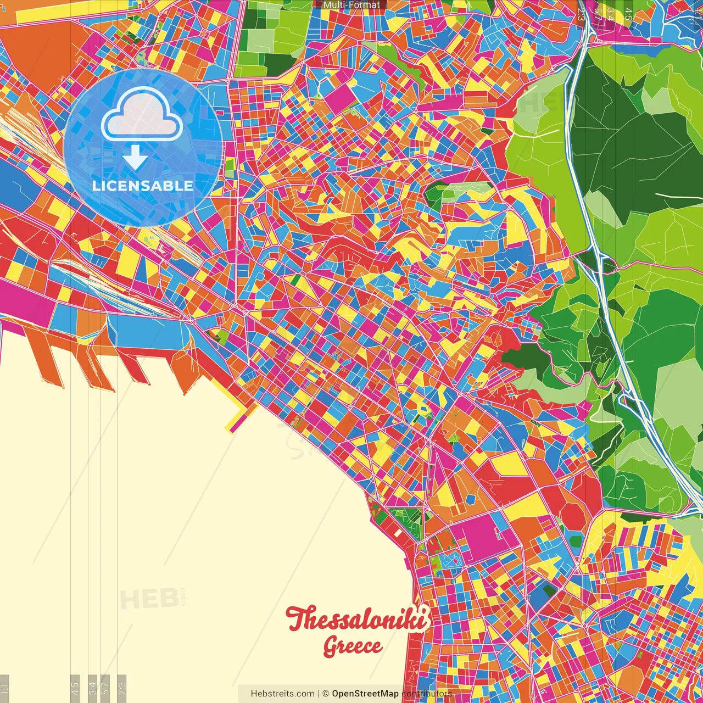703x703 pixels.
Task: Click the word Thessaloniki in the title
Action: coord(357,620)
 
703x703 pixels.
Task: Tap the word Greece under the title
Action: coord(353,646)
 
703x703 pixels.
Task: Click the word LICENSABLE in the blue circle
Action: coord(143,186)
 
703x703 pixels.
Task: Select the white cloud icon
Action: coord(142,114)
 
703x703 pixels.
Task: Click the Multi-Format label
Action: coord(351,5)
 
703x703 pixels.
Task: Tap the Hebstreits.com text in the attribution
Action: coord(282,694)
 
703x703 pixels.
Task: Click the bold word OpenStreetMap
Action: coord(365,694)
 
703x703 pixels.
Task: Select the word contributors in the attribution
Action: coord(427,694)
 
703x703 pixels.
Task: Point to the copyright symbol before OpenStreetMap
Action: coord(326,694)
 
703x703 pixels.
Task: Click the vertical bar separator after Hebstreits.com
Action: coord(319,694)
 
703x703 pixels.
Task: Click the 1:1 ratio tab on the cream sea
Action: coord(4,688)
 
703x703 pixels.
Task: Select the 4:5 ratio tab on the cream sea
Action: coord(75,687)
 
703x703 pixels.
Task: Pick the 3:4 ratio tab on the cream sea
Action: coord(93,687)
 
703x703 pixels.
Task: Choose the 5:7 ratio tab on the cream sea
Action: coord(106,687)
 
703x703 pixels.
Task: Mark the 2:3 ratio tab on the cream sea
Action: coord(122,687)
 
